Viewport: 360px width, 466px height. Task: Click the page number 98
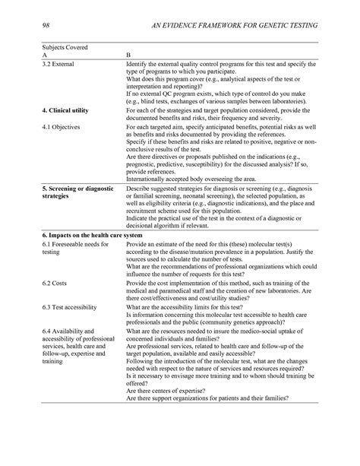pos(46,26)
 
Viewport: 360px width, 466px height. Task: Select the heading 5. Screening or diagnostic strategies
pos(76,192)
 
